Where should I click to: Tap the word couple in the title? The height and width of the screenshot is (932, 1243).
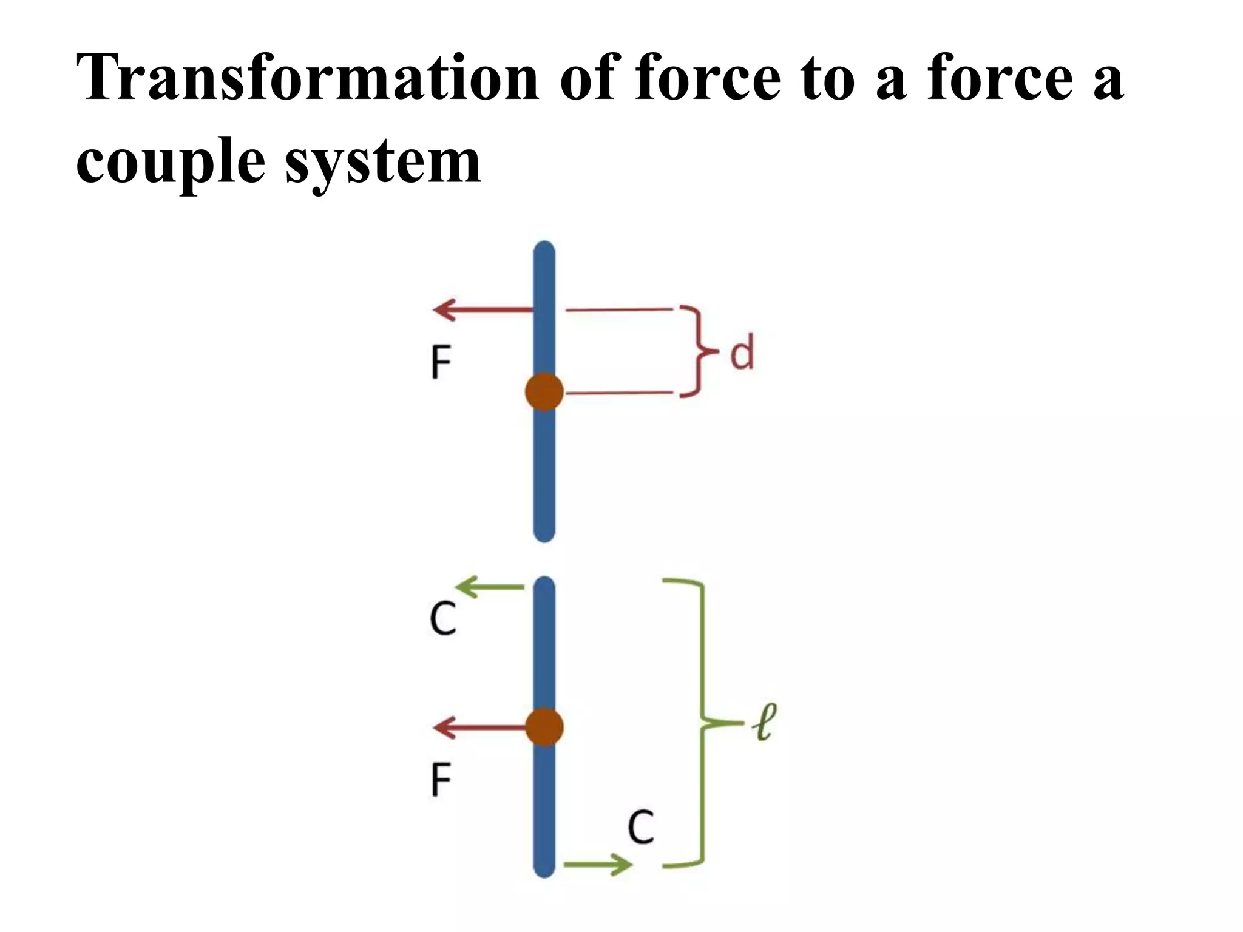click(171, 161)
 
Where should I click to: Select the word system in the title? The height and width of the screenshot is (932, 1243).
click(383, 161)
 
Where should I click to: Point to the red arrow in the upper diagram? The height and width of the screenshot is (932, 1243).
click(483, 309)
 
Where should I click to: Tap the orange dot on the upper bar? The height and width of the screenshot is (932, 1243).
click(544, 392)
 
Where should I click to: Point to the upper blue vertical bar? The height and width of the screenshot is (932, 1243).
click(544, 473)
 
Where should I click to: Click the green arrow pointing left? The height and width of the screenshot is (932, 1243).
click(489, 587)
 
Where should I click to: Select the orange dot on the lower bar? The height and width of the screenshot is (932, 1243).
click(544, 727)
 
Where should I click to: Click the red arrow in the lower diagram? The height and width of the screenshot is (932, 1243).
click(479, 727)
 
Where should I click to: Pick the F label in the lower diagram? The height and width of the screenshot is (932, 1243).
click(441, 780)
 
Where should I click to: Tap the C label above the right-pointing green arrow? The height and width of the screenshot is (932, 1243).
click(641, 826)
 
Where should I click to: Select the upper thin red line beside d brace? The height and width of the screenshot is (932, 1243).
click(619, 309)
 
